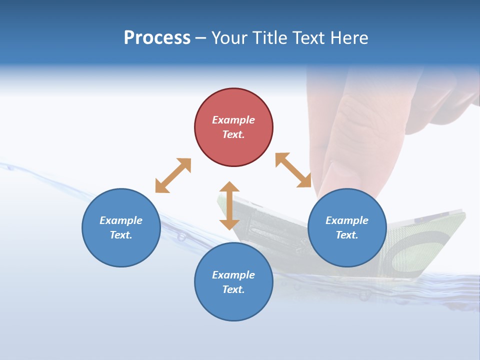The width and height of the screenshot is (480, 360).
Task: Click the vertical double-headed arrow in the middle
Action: (229, 206)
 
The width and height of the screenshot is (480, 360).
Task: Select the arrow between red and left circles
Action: (173, 175)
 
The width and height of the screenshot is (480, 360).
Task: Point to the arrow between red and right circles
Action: (293, 170)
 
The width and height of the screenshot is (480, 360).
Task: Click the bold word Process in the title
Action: (157, 38)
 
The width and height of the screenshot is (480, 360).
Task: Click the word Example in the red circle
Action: (233, 120)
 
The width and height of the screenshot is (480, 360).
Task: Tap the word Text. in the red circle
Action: (233, 134)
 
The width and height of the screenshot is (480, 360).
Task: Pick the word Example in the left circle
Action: (121, 220)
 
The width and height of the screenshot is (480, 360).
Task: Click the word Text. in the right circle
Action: (347, 235)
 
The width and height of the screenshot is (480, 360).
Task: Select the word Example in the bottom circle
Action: (233, 275)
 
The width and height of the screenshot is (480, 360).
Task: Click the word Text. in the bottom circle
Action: (233, 289)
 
